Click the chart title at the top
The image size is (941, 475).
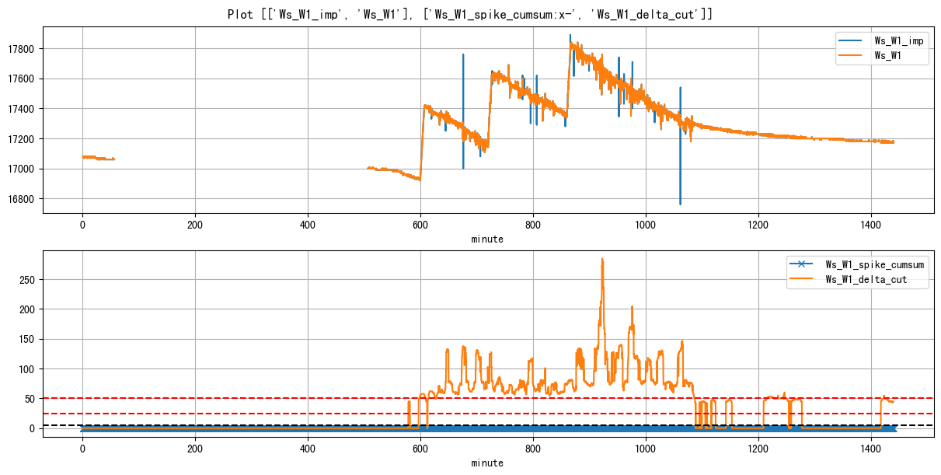(470, 14)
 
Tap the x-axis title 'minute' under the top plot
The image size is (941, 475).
(487, 239)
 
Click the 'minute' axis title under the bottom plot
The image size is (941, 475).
(487, 463)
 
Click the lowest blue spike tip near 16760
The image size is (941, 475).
(680, 204)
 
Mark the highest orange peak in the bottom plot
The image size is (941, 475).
(602, 260)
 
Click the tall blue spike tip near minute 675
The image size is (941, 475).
(463, 55)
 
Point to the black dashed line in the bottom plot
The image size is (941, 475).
(233, 425)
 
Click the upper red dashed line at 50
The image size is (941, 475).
(233, 398)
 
